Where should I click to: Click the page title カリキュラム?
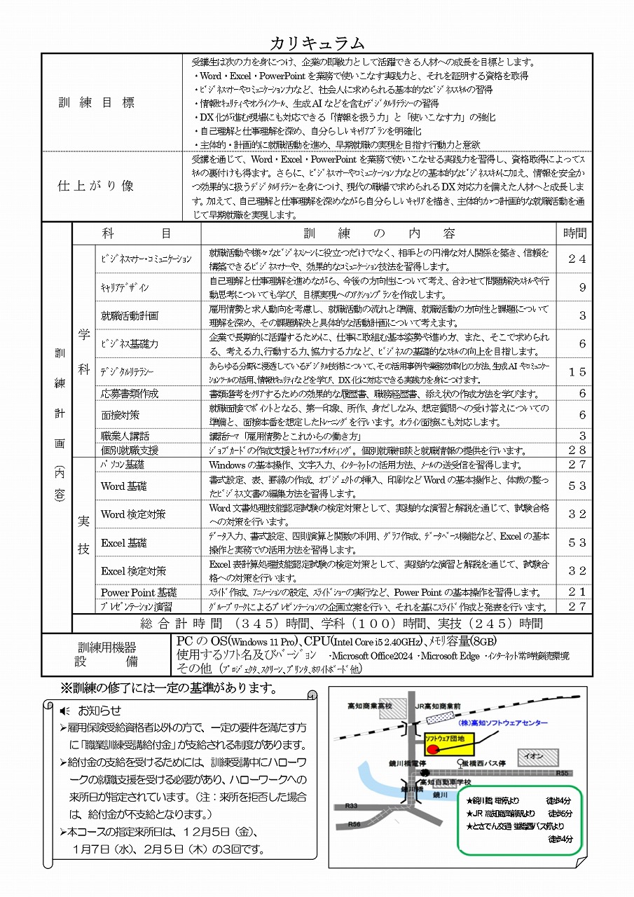coord(317,43)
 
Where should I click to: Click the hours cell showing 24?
coord(577,259)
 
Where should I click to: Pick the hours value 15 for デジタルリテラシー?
coord(577,372)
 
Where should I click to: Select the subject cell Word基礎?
coord(123,486)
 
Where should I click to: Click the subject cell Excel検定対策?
coord(133,570)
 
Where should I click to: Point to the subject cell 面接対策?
coord(120,415)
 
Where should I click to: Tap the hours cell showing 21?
coord(577,592)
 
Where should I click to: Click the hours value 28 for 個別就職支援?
coord(577,450)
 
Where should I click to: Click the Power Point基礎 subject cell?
coord(139,592)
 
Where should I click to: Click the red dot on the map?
coord(433,748)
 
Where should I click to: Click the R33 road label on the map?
coord(351,805)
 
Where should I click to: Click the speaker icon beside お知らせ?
coord(66,711)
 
